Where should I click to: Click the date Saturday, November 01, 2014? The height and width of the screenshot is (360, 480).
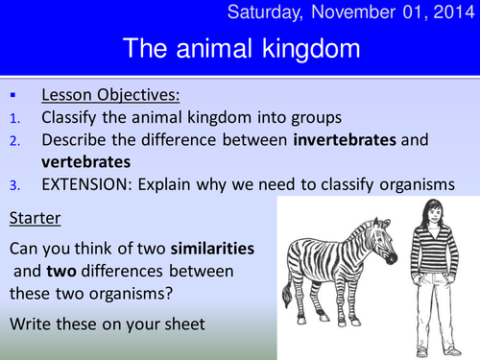(x=356, y=12)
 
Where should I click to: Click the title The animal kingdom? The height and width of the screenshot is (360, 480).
(x=239, y=48)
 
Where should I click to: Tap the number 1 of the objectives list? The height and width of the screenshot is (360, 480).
(x=12, y=118)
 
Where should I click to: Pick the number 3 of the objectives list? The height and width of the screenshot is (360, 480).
(x=12, y=184)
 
